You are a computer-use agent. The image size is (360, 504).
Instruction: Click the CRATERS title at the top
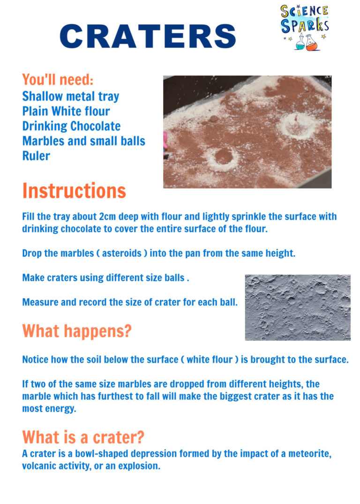(x=148, y=36)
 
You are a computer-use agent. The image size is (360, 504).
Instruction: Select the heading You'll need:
(x=58, y=79)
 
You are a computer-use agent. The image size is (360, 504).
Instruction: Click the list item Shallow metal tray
(x=71, y=96)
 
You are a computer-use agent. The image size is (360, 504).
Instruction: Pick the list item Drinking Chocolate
(x=71, y=126)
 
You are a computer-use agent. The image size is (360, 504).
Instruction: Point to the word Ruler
(x=36, y=156)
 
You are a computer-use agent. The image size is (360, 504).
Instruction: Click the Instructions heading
(x=74, y=191)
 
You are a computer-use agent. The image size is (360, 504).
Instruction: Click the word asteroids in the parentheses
(x=122, y=253)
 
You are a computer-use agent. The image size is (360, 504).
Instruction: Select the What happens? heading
(x=77, y=331)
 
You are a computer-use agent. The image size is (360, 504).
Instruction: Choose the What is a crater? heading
(x=83, y=437)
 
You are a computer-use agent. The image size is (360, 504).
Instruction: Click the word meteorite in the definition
(x=309, y=454)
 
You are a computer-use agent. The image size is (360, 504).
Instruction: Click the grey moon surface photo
(x=298, y=308)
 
